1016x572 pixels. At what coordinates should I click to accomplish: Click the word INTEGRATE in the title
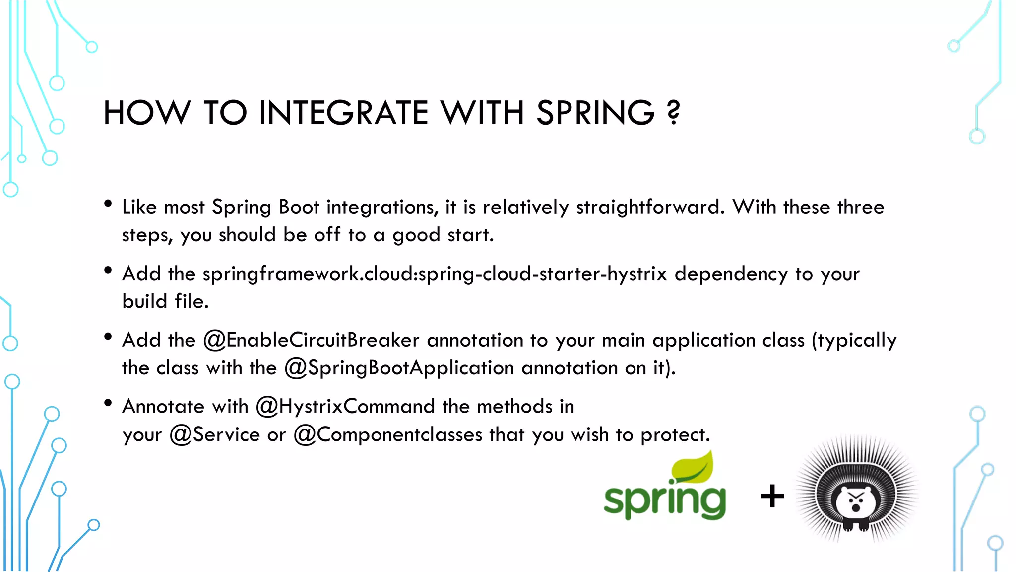click(343, 113)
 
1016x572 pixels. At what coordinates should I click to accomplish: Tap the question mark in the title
click(673, 113)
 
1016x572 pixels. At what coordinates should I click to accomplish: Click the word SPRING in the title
click(595, 113)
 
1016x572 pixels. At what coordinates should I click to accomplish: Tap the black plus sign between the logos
click(772, 496)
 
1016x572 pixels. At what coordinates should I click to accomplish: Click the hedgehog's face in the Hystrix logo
click(857, 501)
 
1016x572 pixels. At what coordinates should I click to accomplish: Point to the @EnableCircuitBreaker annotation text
click(311, 340)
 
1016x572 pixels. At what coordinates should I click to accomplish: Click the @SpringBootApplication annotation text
click(399, 368)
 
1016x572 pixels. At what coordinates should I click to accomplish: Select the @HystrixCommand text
click(345, 407)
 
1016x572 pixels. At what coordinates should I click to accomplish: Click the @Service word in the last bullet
click(214, 435)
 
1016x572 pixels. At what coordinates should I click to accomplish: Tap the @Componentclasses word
click(388, 435)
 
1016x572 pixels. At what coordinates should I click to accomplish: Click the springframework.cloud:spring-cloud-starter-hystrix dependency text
click(435, 274)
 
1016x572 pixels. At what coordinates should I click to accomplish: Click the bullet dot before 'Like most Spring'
click(108, 203)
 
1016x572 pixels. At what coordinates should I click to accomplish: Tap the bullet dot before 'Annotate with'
click(108, 403)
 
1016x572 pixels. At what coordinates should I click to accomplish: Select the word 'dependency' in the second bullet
click(731, 274)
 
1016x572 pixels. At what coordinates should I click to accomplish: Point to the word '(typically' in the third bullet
click(854, 341)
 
